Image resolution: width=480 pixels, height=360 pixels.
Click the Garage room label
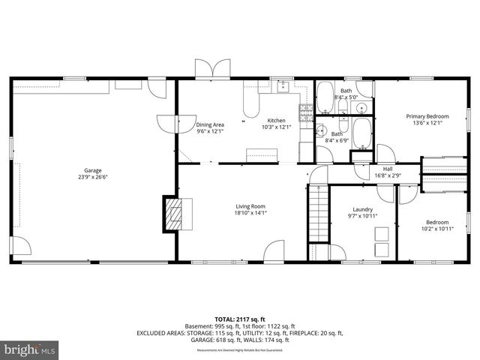[93, 170]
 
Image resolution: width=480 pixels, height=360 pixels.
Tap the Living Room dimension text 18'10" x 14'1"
[251, 212]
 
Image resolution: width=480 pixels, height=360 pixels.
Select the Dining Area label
[210, 125]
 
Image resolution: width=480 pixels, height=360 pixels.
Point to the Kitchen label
[275, 121]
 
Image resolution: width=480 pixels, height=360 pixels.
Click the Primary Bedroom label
[427, 116]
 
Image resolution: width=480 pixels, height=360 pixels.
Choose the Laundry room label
[363, 209]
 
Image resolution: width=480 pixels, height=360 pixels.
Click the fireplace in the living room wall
[174, 215]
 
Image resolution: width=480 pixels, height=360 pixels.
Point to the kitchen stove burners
[306, 113]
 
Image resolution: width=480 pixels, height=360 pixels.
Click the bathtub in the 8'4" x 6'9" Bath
[362, 134]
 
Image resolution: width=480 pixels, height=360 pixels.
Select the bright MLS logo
[30, 349]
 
